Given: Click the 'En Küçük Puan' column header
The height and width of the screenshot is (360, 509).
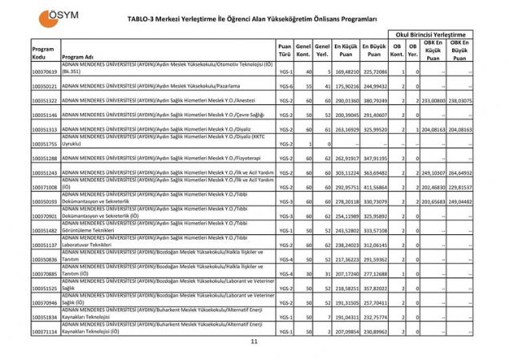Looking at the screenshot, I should pyautogui.click(x=345, y=50).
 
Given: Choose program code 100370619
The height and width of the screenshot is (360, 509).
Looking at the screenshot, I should pyautogui.click(x=45, y=71).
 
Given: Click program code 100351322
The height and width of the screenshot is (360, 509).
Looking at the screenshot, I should pyautogui.click(x=45, y=100).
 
